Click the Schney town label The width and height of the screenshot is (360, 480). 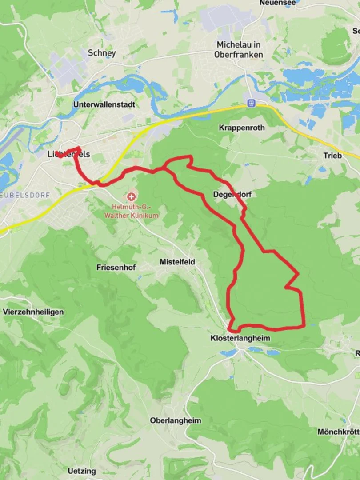[x=102, y=53]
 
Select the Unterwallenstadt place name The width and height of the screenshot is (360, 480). [x=104, y=105]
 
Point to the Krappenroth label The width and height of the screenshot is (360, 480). [x=241, y=128]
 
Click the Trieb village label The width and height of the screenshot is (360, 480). [x=332, y=156]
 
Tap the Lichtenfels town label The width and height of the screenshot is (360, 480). [x=68, y=154]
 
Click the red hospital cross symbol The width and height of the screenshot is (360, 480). [x=131, y=196]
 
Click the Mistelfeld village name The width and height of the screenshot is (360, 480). [x=177, y=262]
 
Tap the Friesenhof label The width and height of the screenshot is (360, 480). [x=116, y=268]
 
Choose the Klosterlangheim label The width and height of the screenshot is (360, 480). [x=240, y=338]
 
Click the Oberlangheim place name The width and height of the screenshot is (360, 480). [x=176, y=420]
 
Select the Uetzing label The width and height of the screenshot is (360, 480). [x=81, y=471]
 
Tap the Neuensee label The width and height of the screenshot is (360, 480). [x=277, y=3]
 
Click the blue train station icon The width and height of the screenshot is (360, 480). [x=252, y=103]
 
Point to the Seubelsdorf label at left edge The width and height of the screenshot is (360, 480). [x=19, y=195]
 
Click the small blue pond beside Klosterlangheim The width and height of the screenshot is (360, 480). [x=228, y=353]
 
